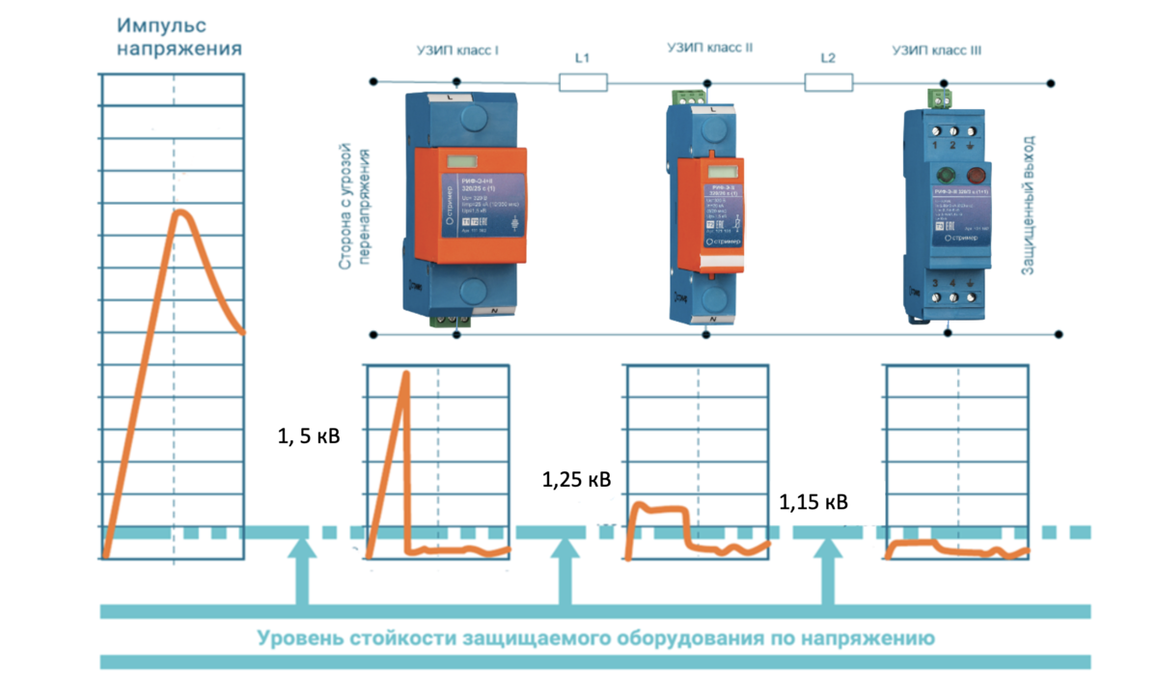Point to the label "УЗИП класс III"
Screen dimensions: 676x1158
(x=937, y=48)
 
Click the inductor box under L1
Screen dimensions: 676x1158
(x=583, y=84)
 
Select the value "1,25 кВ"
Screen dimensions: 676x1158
(x=576, y=480)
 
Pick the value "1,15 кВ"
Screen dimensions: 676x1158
(x=813, y=502)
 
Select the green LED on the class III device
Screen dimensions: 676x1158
(x=944, y=176)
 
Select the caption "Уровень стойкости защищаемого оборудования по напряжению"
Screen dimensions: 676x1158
(x=594, y=638)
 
